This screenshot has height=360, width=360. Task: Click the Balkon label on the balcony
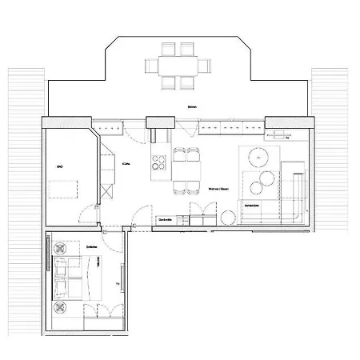(x=191, y=107)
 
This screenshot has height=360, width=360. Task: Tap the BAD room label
(x=59, y=167)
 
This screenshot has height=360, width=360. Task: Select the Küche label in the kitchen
(x=126, y=163)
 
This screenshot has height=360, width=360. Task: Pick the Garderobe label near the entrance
(x=166, y=219)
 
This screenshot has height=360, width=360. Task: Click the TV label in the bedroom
(x=118, y=284)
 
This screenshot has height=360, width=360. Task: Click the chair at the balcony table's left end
(x=153, y=65)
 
